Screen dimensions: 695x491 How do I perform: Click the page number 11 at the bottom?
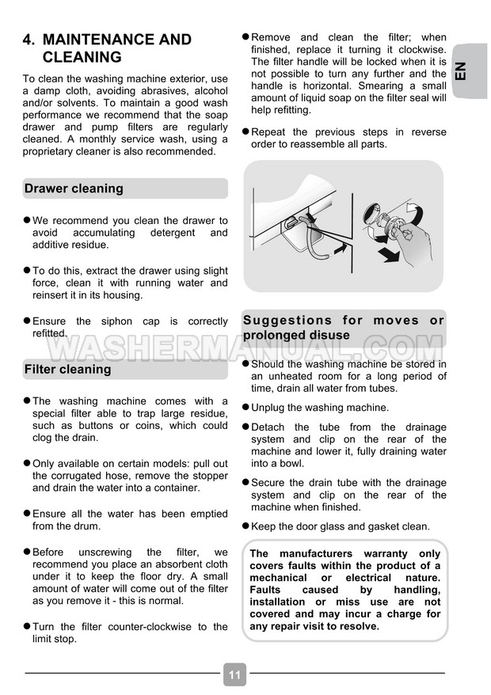234,674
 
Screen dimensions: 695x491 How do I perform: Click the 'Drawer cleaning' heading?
74,188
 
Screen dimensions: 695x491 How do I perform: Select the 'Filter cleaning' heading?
68,369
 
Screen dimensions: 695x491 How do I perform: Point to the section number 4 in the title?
29,40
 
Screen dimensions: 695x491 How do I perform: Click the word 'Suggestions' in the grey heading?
287,321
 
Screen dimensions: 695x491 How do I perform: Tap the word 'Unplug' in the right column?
270,408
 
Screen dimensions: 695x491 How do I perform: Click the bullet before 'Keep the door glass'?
246,526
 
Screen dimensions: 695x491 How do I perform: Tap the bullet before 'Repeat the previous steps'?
246,131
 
